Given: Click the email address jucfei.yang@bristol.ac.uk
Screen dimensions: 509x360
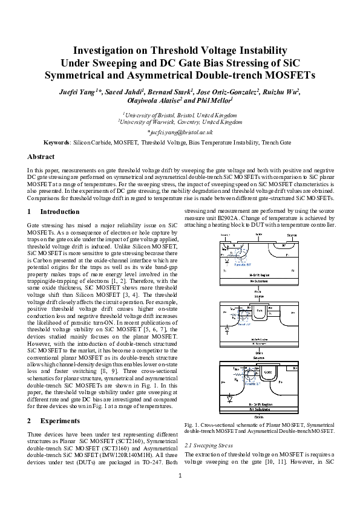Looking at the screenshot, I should tap(180, 131).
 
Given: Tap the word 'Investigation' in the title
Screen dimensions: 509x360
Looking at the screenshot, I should tap(110, 50).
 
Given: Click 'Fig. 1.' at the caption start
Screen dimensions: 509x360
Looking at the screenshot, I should tap(191, 426).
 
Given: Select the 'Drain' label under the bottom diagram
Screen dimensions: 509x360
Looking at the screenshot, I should tap(259, 417).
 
